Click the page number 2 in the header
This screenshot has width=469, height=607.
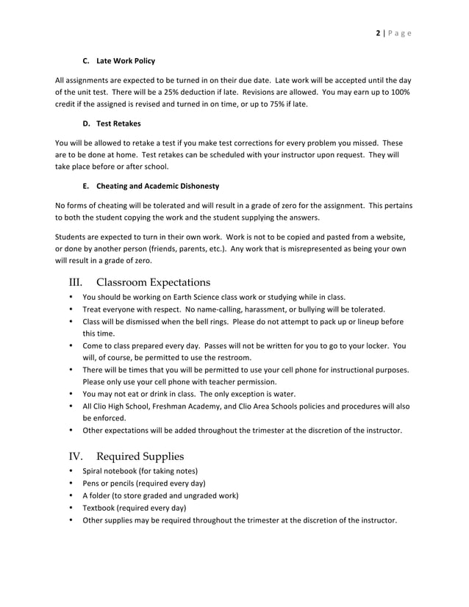point(378,33)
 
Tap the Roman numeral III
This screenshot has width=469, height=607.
point(76,282)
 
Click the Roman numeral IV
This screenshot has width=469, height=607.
point(77,456)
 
